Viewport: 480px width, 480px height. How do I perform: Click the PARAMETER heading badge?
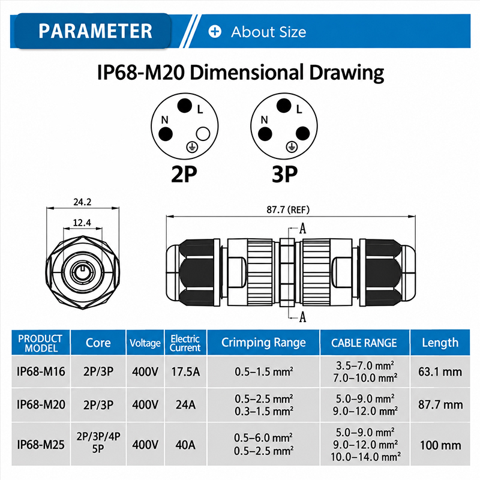93,31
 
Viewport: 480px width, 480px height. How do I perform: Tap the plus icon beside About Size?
215,32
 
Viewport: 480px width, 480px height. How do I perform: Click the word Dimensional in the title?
246,73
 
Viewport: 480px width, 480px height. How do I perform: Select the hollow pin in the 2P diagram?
203,134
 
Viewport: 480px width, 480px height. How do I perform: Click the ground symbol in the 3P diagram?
292,147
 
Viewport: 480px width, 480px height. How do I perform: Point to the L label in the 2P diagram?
200,109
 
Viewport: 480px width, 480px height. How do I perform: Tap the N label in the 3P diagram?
264,119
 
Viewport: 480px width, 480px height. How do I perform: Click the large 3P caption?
284,175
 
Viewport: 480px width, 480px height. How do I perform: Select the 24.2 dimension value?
82,202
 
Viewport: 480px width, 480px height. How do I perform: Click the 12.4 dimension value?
82,223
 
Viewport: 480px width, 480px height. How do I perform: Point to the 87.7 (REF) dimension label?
288,209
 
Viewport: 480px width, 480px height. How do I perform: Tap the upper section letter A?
302,229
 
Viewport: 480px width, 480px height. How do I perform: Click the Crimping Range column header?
263,343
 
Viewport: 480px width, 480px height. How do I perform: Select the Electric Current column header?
185,343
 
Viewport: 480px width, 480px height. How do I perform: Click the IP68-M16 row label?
41,371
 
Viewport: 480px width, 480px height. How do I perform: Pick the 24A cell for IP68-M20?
185,404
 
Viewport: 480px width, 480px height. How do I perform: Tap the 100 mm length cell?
440,445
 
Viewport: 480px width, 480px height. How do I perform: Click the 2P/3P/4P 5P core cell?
98,442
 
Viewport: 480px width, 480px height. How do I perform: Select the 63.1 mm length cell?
440,371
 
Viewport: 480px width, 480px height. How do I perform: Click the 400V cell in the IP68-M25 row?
145,445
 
